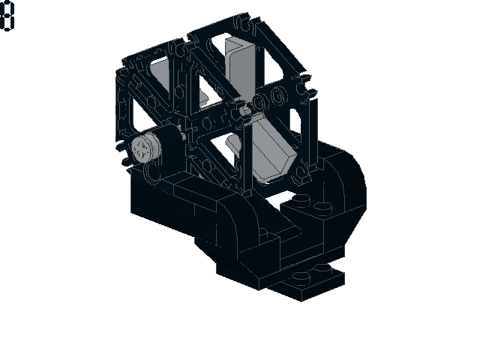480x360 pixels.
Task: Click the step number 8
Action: tap(7, 16)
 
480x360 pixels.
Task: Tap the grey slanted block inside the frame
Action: tap(271, 150)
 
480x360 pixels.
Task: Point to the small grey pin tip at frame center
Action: tap(245, 110)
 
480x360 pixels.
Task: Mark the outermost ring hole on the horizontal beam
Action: tap(279, 95)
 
